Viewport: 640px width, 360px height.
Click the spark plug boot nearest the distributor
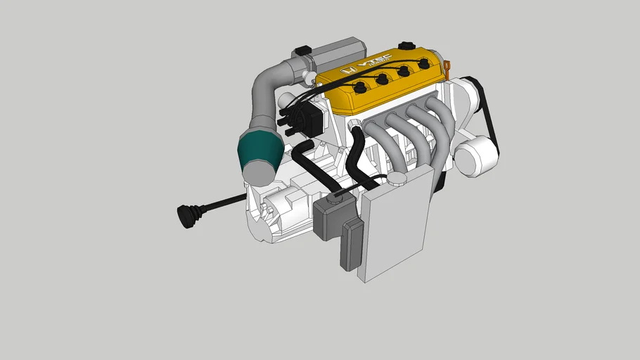click(360, 88)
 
